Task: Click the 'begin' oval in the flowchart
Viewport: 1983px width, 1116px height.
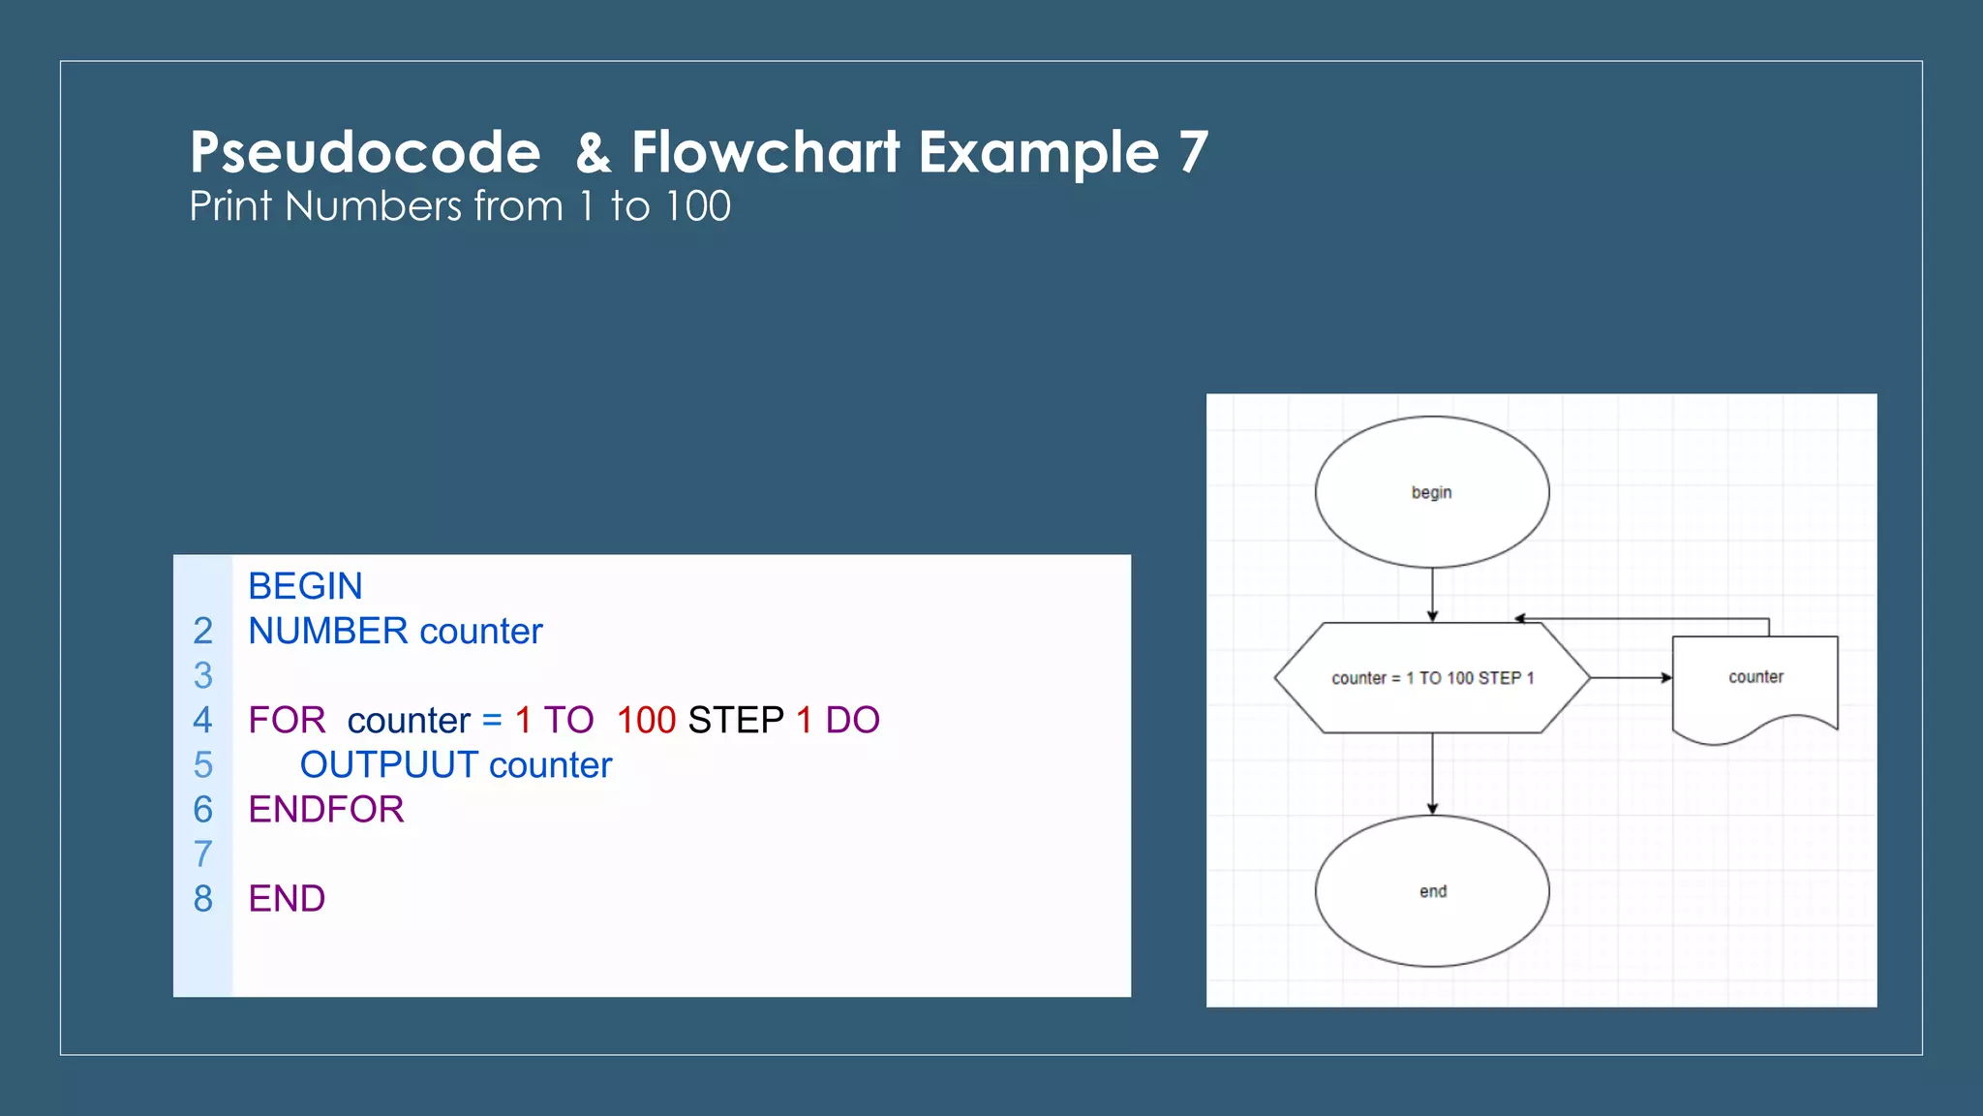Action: [x=1431, y=492]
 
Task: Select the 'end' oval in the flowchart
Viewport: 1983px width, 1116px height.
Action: [x=1431, y=891]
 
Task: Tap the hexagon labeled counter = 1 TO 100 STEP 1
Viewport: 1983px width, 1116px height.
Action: [x=1431, y=678]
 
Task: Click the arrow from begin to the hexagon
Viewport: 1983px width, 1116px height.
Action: [x=1432, y=594]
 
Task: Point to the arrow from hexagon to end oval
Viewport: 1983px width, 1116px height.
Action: [x=1432, y=773]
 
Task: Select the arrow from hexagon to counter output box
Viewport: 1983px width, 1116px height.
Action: [x=1631, y=678]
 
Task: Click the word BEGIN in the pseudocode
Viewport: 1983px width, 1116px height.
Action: [x=305, y=586]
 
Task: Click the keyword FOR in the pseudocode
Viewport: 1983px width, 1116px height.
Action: [x=287, y=721]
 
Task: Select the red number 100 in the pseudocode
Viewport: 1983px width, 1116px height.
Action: [x=646, y=721]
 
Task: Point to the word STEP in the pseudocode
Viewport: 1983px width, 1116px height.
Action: [x=736, y=721]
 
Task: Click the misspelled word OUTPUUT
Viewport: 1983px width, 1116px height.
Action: [x=389, y=765]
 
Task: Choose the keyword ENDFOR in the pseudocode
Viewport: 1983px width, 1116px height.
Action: [x=326, y=810]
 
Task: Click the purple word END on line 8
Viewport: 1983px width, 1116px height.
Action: [x=287, y=899]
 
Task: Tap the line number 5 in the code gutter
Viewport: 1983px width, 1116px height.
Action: [x=202, y=765]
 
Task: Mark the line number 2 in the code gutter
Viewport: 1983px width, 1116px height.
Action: [x=202, y=632]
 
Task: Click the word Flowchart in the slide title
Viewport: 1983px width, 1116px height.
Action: [x=766, y=153]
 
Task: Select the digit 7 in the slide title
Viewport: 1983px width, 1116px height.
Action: [x=1193, y=153]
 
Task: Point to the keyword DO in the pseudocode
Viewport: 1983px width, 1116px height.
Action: [x=852, y=721]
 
